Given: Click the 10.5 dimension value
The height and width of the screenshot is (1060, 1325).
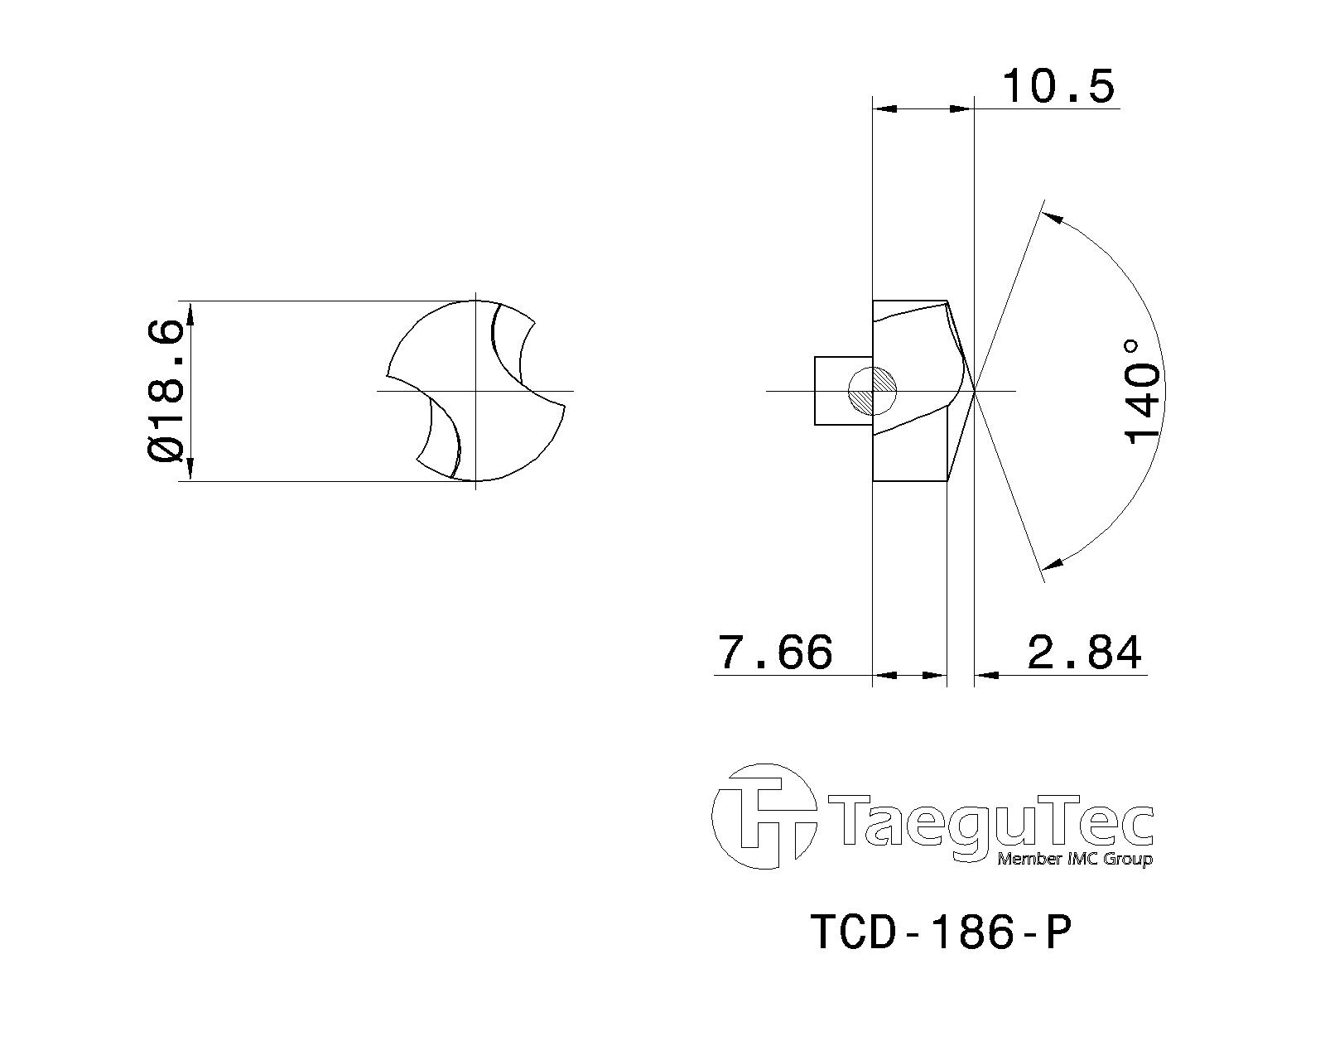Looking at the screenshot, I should (x=1058, y=86).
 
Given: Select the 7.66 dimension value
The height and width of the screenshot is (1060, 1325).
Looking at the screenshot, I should (x=774, y=652).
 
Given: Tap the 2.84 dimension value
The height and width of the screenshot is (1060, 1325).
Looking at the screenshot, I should (x=1084, y=652).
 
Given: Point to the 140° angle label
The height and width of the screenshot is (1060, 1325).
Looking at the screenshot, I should (x=1142, y=391).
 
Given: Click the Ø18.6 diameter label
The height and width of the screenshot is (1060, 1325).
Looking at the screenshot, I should (x=165, y=391).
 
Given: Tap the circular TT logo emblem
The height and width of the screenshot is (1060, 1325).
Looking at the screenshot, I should (x=760, y=817).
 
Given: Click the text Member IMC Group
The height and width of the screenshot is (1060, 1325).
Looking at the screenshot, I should (x=1074, y=859).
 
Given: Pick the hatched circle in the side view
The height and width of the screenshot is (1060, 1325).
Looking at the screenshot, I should (x=873, y=390).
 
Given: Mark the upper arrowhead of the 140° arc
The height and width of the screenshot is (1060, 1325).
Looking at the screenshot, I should (x=1051, y=218).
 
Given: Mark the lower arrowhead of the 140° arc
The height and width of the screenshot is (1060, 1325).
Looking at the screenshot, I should (x=1051, y=564).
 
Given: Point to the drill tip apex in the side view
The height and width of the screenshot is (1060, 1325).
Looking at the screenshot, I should (x=974, y=390).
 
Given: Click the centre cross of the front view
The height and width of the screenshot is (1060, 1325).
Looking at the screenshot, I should (x=475, y=390).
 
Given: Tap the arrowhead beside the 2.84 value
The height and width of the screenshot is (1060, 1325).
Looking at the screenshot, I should (x=985, y=676).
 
